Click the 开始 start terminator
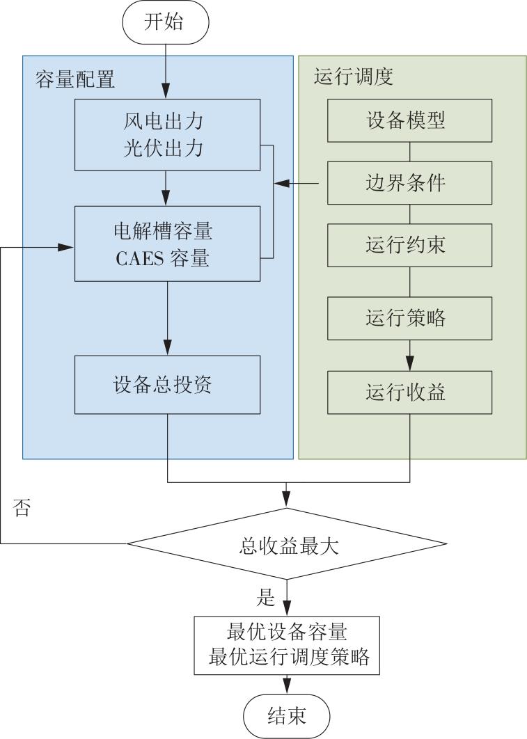click(166, 22)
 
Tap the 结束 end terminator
click(287, 716)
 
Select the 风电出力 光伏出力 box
click(167, 135)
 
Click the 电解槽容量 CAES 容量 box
click(167, 244)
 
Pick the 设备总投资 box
click(167, 385)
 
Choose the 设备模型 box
click(409, 120)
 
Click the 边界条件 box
click(409, 183)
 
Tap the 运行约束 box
click(409, 245)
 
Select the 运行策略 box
click(409, 318)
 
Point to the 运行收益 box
click(409, 392)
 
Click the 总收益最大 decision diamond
click(287, 544)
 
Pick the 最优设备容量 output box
click(287, 645)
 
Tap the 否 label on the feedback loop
click(22, 507)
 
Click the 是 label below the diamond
click(265, 596)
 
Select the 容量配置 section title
click(75, 79)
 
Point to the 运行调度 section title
click(354, 77)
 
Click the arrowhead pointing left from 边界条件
click(282, 183)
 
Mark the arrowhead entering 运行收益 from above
click(409, 363)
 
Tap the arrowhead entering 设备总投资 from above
click(167, 347)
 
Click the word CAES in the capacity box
click(140, 258)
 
